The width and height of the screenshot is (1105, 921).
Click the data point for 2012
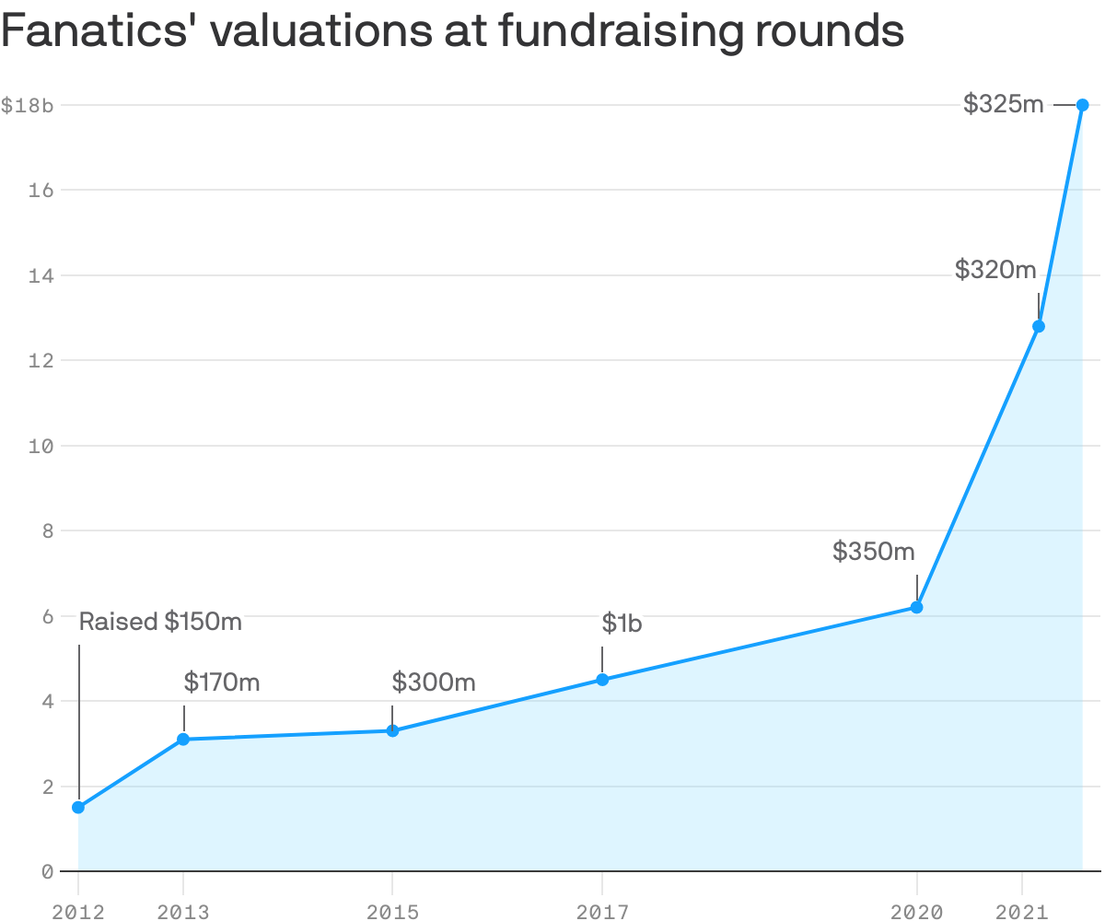point(78,808)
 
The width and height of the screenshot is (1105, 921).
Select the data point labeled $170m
point(183,740)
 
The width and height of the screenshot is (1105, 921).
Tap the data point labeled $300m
point(392,731)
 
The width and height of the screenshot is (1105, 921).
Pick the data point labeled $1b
point(602,680)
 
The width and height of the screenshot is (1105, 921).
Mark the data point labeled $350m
point(916,607)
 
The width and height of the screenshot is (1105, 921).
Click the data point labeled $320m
point(1039,326)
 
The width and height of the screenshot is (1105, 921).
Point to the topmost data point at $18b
point(1083,105)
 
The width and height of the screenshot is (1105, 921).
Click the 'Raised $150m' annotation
point(160,622)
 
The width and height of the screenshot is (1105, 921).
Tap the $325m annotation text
point(1004,105)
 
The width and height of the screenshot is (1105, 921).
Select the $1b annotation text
point(622,624)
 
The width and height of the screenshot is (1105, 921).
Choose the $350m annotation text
point(873,552)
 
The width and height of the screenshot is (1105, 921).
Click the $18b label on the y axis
point(28,106)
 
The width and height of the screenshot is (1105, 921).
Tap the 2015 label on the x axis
point(392,912)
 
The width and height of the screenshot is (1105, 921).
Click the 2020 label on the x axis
point(916,912)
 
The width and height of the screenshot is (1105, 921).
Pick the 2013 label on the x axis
point(183,912)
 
